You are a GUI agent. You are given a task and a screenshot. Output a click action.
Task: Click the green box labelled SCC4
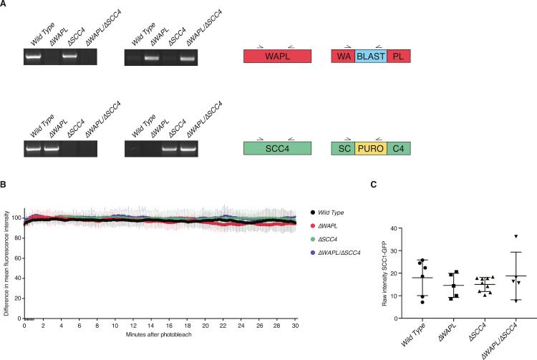pyautogui.click(x=277, y=149)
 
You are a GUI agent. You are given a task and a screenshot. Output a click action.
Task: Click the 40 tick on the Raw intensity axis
pyautogui.click(x=405, y=229)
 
